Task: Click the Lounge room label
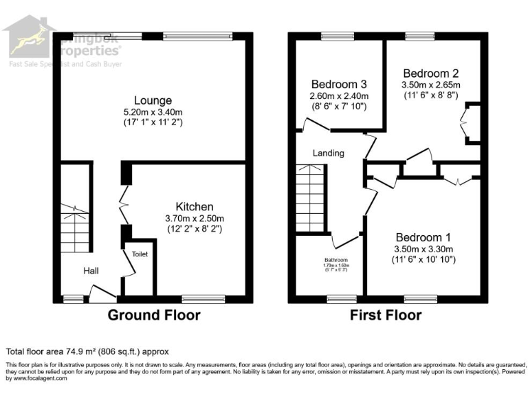tap(153, 100)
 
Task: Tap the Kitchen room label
tap(194, 206)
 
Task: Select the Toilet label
tap(140, 254)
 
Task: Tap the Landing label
tap(329, 153)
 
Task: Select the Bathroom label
tap(337, 259)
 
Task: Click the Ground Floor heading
tap(154, 316)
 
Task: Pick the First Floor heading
tap(386, 316)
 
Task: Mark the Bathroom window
tap(337, 298)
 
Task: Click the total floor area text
tap(87, 351)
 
